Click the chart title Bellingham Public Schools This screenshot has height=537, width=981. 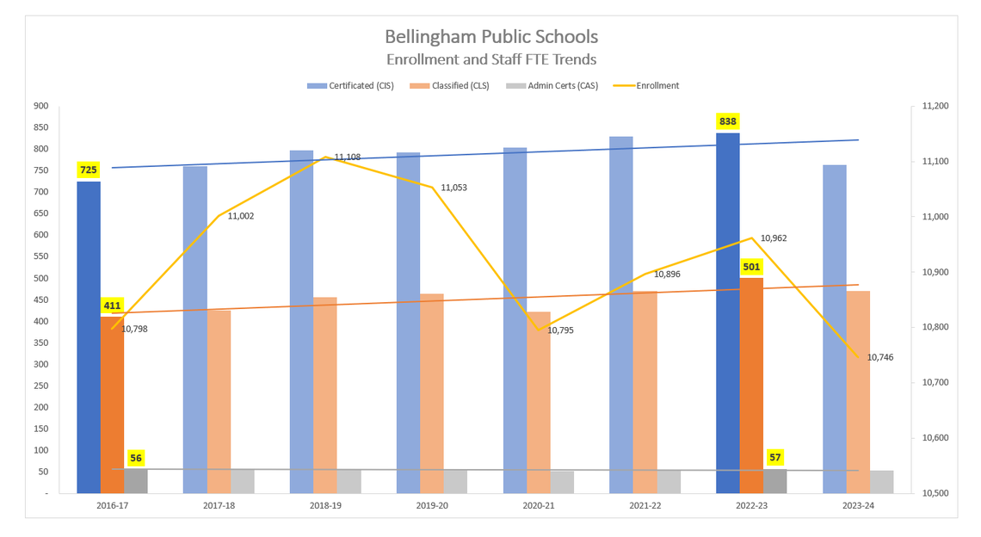tap(491, 37)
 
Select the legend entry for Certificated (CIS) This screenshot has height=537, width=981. tap(356, 86)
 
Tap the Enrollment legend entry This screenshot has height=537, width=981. tap(656, 86)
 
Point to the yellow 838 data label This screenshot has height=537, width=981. tap(728, 121)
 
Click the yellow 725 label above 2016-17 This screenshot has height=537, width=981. tap(89, 170)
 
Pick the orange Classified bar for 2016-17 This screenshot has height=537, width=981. tap(112, 404)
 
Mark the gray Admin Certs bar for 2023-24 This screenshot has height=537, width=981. tap(882, 482)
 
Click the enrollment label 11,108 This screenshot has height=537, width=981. tap(347, 157)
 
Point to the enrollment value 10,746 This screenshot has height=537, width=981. tap(879, 357)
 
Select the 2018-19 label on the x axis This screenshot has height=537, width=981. tap(325, 506)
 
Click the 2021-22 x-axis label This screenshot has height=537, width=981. tap(645, 506)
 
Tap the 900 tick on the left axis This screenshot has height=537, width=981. tap(40, 106)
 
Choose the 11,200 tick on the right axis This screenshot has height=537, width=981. tap(934, 106)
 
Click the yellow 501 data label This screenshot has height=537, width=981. tap(751, 267)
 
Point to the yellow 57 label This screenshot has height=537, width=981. tap(774, 457)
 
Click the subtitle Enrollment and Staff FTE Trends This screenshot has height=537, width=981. tap(491, 60)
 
